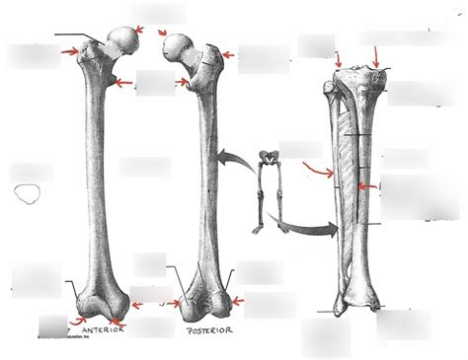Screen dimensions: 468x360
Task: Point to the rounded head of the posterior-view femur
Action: [178, 45]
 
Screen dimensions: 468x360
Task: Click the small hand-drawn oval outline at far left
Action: [27, 193]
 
